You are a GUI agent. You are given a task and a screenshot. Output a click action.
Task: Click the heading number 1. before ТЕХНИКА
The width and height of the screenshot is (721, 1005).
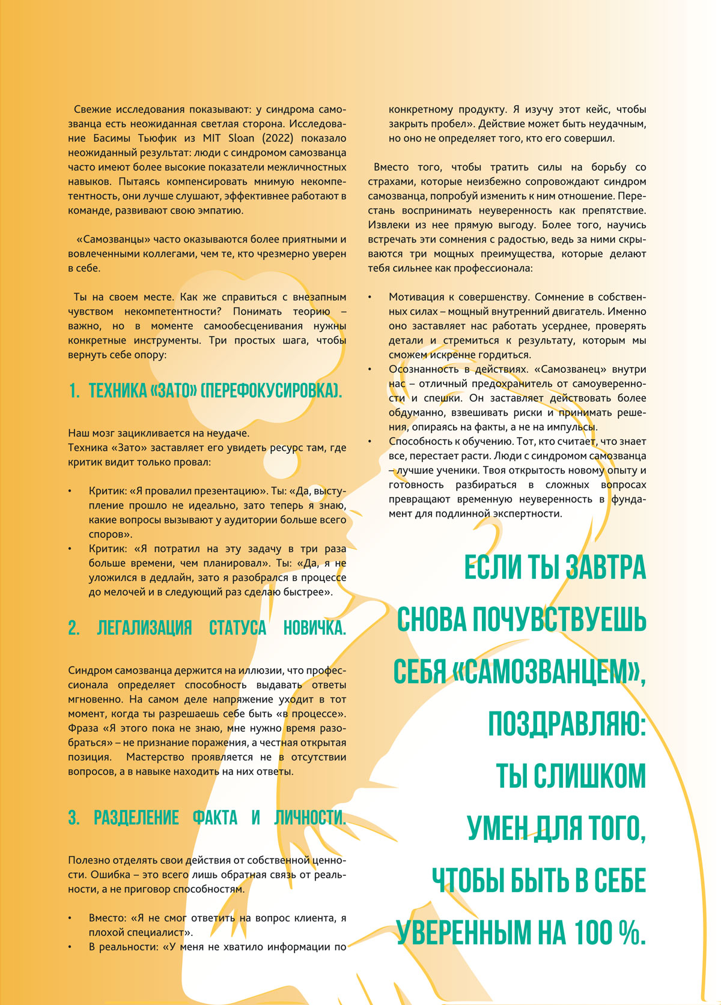click(75, 391)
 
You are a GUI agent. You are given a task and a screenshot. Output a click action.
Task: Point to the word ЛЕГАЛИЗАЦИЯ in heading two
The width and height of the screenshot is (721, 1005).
click(144, 629)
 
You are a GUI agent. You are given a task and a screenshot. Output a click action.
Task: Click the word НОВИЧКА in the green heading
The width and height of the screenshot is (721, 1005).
click(314, 629)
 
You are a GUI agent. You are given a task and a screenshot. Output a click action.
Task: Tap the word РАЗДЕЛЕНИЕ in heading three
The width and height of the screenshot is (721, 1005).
click(136, 818)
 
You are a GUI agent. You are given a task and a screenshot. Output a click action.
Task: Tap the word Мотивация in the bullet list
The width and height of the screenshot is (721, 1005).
click(421, 297)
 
